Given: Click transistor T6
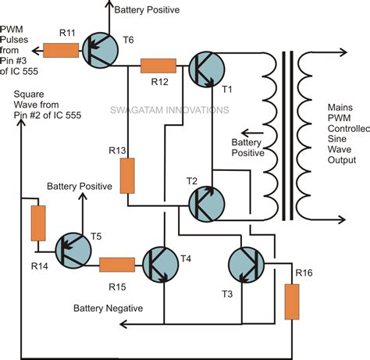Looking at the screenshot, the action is point(101,51).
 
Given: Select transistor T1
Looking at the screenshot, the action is point(206,70).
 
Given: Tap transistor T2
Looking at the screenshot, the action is point(206,204).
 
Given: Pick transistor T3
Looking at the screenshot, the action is point(246,265).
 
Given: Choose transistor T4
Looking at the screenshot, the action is point(161,265).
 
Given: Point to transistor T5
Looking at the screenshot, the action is point(73,251).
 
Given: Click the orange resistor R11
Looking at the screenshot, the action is point(61,50).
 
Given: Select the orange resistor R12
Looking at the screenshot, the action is point(158,66).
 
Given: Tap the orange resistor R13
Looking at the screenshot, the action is point(127,176).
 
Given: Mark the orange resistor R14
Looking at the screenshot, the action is point(38,223).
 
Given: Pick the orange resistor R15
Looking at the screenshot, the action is point(117,265).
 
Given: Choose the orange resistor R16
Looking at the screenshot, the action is point(292,302).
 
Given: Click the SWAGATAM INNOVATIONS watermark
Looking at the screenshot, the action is point(169,110).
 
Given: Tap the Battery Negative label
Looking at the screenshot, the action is point(109,308).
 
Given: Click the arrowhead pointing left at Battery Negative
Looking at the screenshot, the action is point(123,324).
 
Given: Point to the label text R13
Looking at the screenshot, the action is point(117,150).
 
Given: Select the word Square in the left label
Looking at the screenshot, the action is point(29,94).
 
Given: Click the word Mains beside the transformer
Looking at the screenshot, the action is point(340,108).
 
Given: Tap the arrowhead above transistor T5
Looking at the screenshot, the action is point(83,196).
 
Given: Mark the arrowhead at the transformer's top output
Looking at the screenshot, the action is point(343,52).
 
